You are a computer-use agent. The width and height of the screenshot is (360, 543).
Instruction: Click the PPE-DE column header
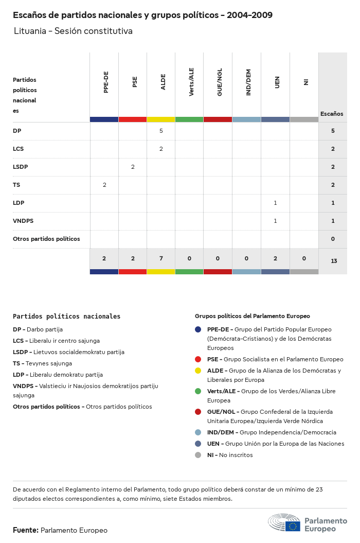tap(106, 82)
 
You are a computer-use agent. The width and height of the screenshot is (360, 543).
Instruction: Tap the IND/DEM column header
tap(248, 83)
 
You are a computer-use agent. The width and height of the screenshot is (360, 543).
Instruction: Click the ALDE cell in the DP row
tap(161, 131)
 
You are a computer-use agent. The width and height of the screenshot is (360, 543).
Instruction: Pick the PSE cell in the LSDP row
tap(133, 167)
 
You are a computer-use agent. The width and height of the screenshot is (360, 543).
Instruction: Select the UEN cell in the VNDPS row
tap(275, 221)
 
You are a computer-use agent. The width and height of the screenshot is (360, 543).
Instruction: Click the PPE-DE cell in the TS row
tap(104, 185)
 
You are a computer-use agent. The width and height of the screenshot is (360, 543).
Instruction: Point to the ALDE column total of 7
tap(161, 258)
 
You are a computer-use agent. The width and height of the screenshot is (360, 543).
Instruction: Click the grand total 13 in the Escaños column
tap(333, 261)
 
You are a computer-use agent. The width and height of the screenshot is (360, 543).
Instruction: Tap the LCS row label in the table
tap(19, 149)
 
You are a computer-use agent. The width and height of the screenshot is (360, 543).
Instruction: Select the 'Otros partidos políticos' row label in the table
tap(46, 239)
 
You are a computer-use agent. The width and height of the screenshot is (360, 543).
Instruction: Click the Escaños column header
tap(332, 114)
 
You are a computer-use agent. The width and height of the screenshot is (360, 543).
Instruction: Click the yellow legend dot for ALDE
tap(198, 371)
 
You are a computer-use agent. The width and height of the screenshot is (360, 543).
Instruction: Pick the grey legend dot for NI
tap(198, 455)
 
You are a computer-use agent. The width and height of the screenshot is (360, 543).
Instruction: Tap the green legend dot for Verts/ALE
tap(198, 391)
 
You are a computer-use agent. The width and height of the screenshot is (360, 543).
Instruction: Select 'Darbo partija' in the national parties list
tap(46, 329)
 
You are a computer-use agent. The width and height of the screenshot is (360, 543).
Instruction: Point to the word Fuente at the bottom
tap(25, 530)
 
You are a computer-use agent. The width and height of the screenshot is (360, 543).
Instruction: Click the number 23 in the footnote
tap(318, 489)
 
